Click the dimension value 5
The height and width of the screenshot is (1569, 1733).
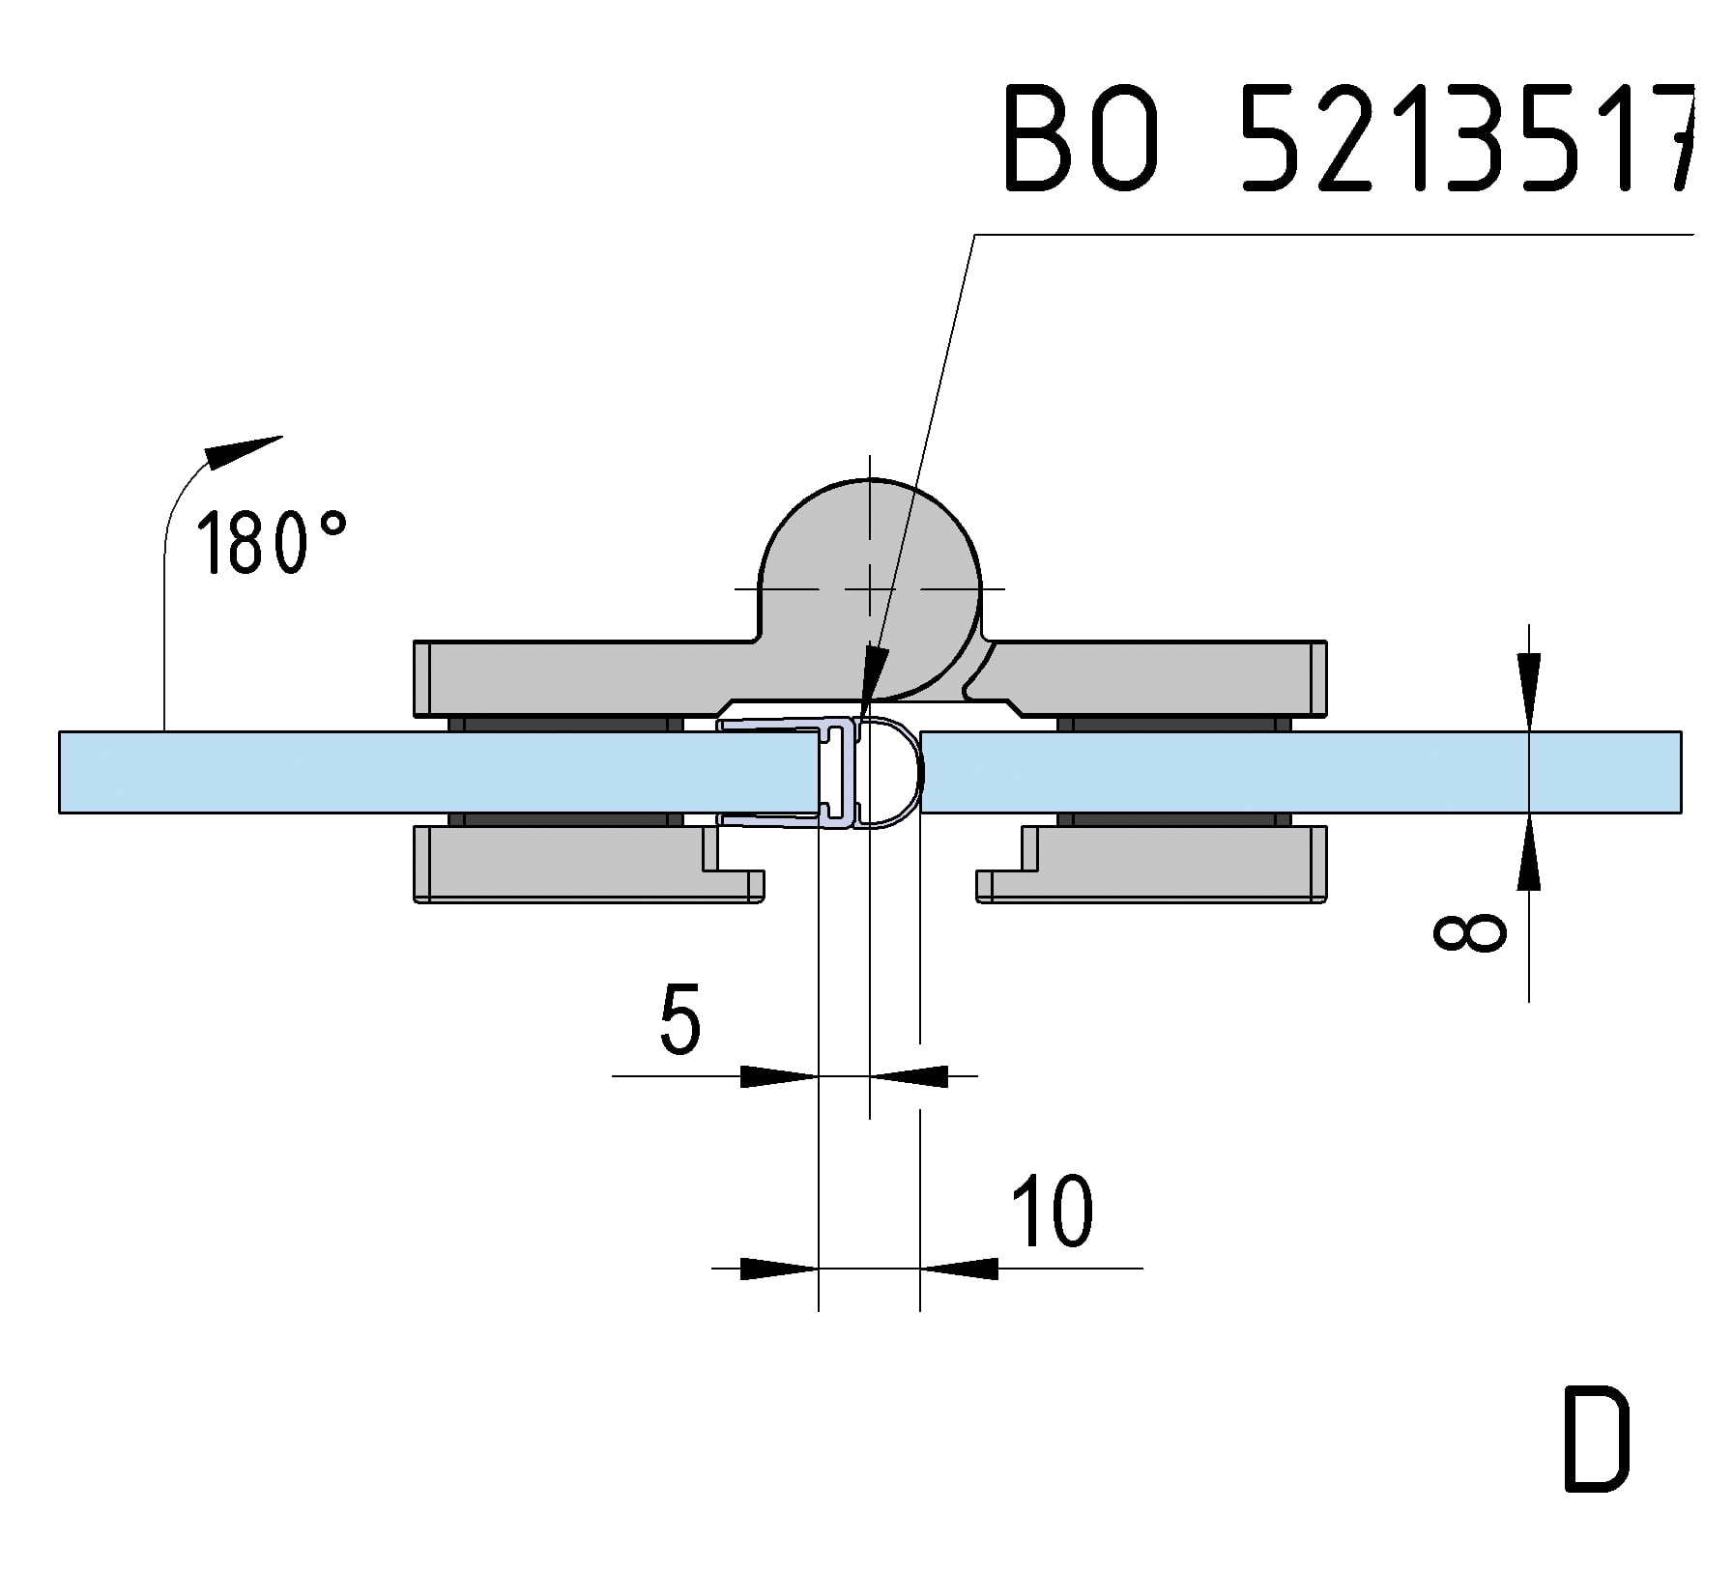[679, 1020]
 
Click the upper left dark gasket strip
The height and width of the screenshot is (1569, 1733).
[565, 725]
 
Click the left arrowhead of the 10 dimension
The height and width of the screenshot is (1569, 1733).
[778, 1268]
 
